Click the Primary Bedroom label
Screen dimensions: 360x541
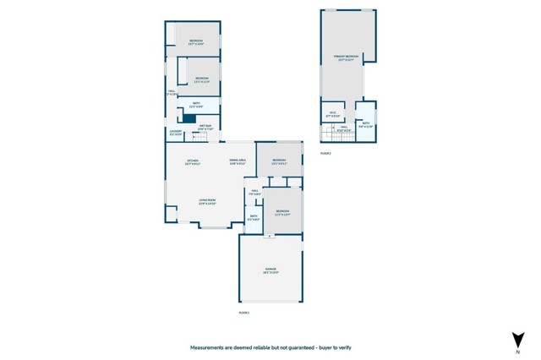pyautogui.click(x=347, y=58)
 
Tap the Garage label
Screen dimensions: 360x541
pyautogui.click(x=270, y=270)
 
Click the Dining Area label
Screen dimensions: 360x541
pyautogui.click(x=238, y=161)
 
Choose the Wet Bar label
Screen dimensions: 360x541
pyautogui.click(x=205, y=128)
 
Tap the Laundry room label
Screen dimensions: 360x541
pyautogui.click(x=175, y=133)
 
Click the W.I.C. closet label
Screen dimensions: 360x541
pyautogui.click(x=333, y=114)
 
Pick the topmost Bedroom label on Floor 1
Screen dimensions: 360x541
pyautogui.click(x=195, y=41)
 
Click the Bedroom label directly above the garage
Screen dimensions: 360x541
pyautogui.click(x=282, y=212)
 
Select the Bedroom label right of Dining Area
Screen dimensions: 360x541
pyautogui.click(x=279, y=161)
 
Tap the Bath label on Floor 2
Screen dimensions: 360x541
pyautogui.click(x=365, y=124)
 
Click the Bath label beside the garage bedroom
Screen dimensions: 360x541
pyautogui.click(x=254, y=217)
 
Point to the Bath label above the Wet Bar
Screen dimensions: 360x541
pyautogui.click(x=194, y=106)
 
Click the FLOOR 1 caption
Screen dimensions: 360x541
pyautogui.click(x=244, y=312)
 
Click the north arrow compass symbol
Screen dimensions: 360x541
pyautogui.click(x=516, y=341)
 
